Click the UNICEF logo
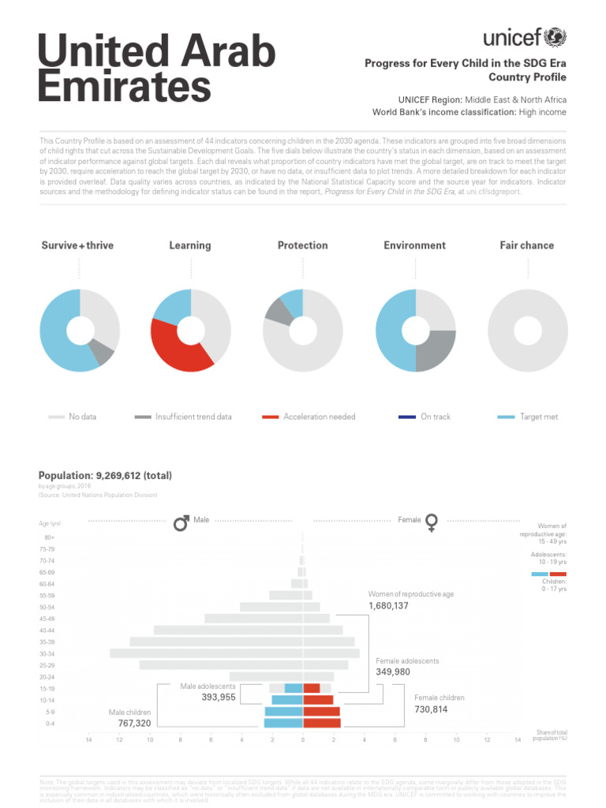click(525, 37)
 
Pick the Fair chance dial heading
click(526, 245)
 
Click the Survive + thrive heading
click(77, 245)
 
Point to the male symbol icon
click(181, 522)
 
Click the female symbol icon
click(432, 522)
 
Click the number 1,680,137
click(388, 606)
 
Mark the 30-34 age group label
click(50, 653)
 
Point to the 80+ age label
click(50, 537)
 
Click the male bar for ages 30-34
click(205, 653)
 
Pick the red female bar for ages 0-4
click(322, 723)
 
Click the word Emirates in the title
click(125, 85)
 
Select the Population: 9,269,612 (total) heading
click(105, 475)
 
